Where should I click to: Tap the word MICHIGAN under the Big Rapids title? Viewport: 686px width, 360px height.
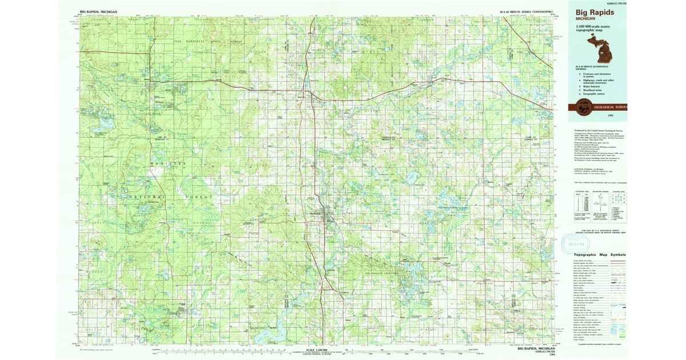[x=585, y=19]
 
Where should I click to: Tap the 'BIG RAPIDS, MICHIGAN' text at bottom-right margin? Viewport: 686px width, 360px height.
[x=535, y=347]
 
